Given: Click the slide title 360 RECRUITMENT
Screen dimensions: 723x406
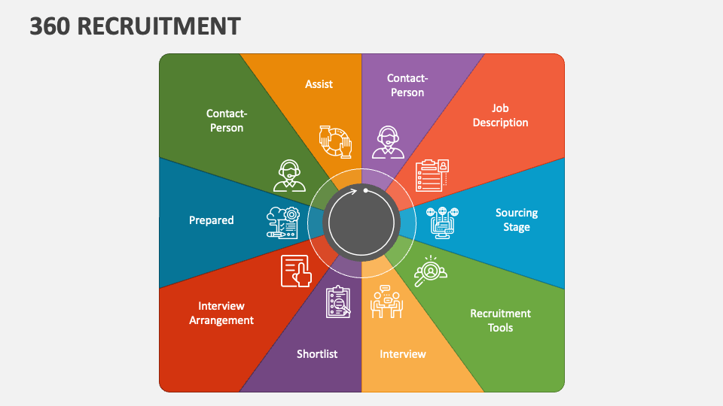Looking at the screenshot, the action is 135,26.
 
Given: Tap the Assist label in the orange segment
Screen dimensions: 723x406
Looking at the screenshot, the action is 319,84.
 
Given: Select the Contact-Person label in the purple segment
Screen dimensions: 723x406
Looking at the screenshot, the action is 407,85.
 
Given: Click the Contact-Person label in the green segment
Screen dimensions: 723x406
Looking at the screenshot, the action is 227,120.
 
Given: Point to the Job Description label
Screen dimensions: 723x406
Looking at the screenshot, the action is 500,115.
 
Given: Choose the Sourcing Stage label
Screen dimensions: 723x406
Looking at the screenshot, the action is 517,220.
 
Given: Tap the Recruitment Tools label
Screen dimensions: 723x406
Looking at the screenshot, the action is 500,320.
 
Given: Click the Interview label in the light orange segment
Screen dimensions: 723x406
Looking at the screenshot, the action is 402,354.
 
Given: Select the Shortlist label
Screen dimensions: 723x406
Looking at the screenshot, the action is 317,354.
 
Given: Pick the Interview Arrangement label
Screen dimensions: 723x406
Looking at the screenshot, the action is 221,313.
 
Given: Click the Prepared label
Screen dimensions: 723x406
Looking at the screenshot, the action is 211,220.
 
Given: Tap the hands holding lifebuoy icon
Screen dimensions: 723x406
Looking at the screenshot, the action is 335,142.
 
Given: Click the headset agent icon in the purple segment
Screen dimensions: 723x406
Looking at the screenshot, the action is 388,142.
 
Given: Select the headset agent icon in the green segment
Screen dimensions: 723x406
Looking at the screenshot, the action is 289,175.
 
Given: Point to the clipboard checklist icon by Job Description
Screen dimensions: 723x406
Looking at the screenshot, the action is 432,175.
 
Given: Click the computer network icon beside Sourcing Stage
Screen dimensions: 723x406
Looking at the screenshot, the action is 442,223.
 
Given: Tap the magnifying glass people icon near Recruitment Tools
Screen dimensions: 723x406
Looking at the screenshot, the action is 430,271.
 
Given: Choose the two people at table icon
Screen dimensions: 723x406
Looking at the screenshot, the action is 386,301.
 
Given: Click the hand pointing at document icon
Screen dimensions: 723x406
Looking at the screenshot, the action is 296,271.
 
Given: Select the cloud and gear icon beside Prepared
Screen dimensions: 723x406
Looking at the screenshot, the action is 283,223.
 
